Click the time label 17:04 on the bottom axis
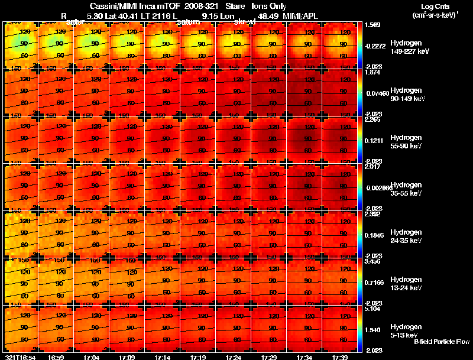[x=91, y=357]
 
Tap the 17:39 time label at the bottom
[x=339, y=357]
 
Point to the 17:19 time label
[x=197, y=357]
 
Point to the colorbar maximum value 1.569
[x=374, y=25]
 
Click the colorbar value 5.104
[x=374, y=309]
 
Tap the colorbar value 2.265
[x=374, y=120]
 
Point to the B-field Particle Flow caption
[x=441, y=342]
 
